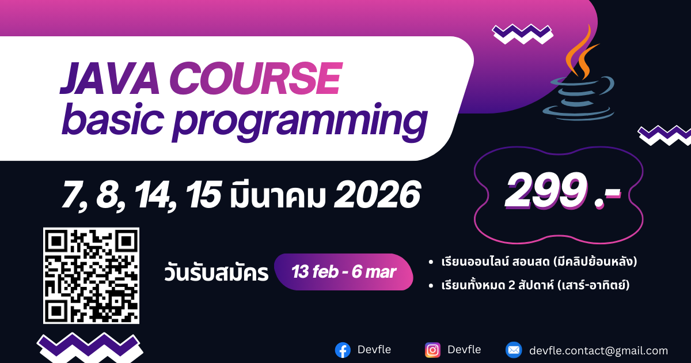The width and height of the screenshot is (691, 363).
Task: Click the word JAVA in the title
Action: click(x=109, y=78)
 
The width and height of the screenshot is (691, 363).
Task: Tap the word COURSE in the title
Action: click(x=256, y=78)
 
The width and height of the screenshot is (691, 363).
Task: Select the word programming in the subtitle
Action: click(x=300, y=122)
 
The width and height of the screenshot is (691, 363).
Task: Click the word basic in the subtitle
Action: click(x=113, y=119)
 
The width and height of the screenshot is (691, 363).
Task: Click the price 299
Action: click(x=546, y=191)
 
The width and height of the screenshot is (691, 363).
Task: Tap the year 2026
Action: click(x=377, y=195)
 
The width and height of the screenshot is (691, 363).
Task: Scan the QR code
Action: click(x=92, y=275)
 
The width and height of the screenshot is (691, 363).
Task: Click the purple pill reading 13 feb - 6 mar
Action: click(x=344, y=272)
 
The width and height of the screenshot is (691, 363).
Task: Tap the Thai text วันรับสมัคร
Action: click(x=217, y=272)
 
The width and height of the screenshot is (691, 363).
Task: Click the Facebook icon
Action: click(x=343, y=350)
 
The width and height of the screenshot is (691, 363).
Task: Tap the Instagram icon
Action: click(x=432, y=350)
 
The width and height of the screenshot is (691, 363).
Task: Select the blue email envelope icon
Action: click(x=514, y=350)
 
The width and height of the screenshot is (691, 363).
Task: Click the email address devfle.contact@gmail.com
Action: click(x=598, y=351)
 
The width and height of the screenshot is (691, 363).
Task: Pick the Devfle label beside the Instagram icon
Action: click(x=464, y=350)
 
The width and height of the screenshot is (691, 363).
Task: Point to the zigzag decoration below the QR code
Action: click(x=90, y=348)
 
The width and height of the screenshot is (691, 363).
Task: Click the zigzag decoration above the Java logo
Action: click(x=523, y=33)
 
